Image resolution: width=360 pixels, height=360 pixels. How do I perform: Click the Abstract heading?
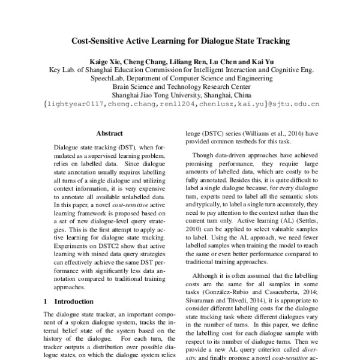pyautogui.click(x=109, y=136)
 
